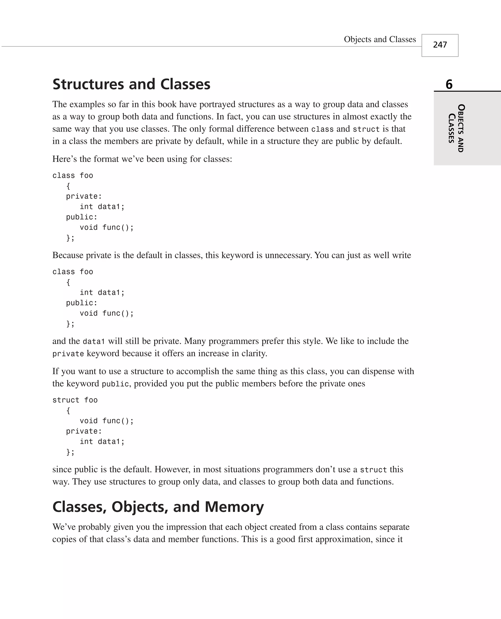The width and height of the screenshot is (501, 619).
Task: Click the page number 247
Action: (x=440, y=45)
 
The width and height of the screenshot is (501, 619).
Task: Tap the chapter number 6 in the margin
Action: (x=449, y=85)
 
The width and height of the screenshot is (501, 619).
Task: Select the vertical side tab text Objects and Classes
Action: (x=456, y=128)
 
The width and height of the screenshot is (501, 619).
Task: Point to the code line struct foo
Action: (x=75, y=400)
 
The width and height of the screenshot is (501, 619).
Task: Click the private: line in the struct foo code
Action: (x=84, y=431)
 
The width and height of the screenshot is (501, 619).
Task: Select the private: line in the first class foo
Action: (x=84, y=196)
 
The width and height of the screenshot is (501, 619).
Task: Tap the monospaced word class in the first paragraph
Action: (x=322, y=129)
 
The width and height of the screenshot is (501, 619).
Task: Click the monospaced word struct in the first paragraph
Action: (x=366, y=129)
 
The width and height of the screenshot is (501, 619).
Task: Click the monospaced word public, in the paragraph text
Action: (x=116, y=384)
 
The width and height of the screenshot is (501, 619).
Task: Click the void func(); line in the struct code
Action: (x=106, y=421)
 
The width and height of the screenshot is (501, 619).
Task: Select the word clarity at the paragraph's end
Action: (x=254, y=353)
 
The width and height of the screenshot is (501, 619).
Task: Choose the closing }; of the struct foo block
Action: (x=70, y=452)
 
